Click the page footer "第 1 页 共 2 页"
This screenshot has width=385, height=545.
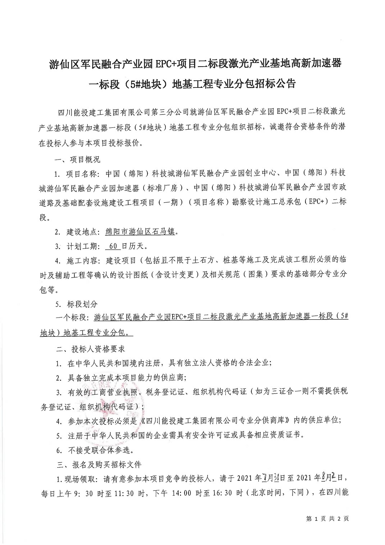327,519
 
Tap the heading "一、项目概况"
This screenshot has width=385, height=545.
77,159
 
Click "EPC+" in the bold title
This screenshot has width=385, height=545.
169,64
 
